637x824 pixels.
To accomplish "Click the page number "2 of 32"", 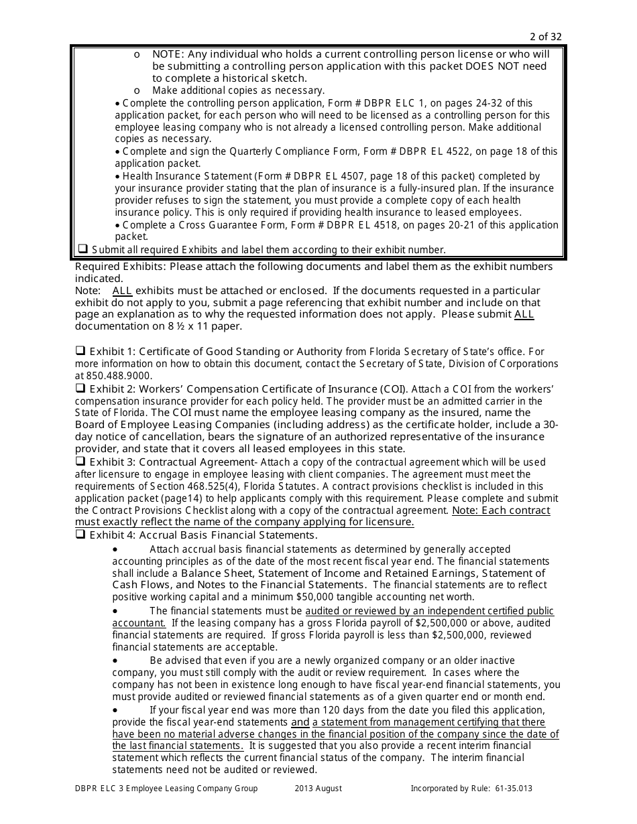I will [546, 37].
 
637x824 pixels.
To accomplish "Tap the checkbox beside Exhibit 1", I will [80, 350].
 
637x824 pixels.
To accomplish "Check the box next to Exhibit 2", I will [80, 388].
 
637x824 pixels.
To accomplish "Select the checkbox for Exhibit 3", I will [80, 462].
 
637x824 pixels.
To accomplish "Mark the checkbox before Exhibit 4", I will [80, 535].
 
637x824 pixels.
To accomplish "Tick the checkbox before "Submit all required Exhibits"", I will [83, 249].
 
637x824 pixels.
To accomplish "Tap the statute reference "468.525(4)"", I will [229, 486].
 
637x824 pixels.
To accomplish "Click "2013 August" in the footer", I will [318, 788].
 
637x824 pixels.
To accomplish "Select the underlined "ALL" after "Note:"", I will [122, 291].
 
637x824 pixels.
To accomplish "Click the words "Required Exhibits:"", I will [121, 267].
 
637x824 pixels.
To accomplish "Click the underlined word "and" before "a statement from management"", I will [300, 722].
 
